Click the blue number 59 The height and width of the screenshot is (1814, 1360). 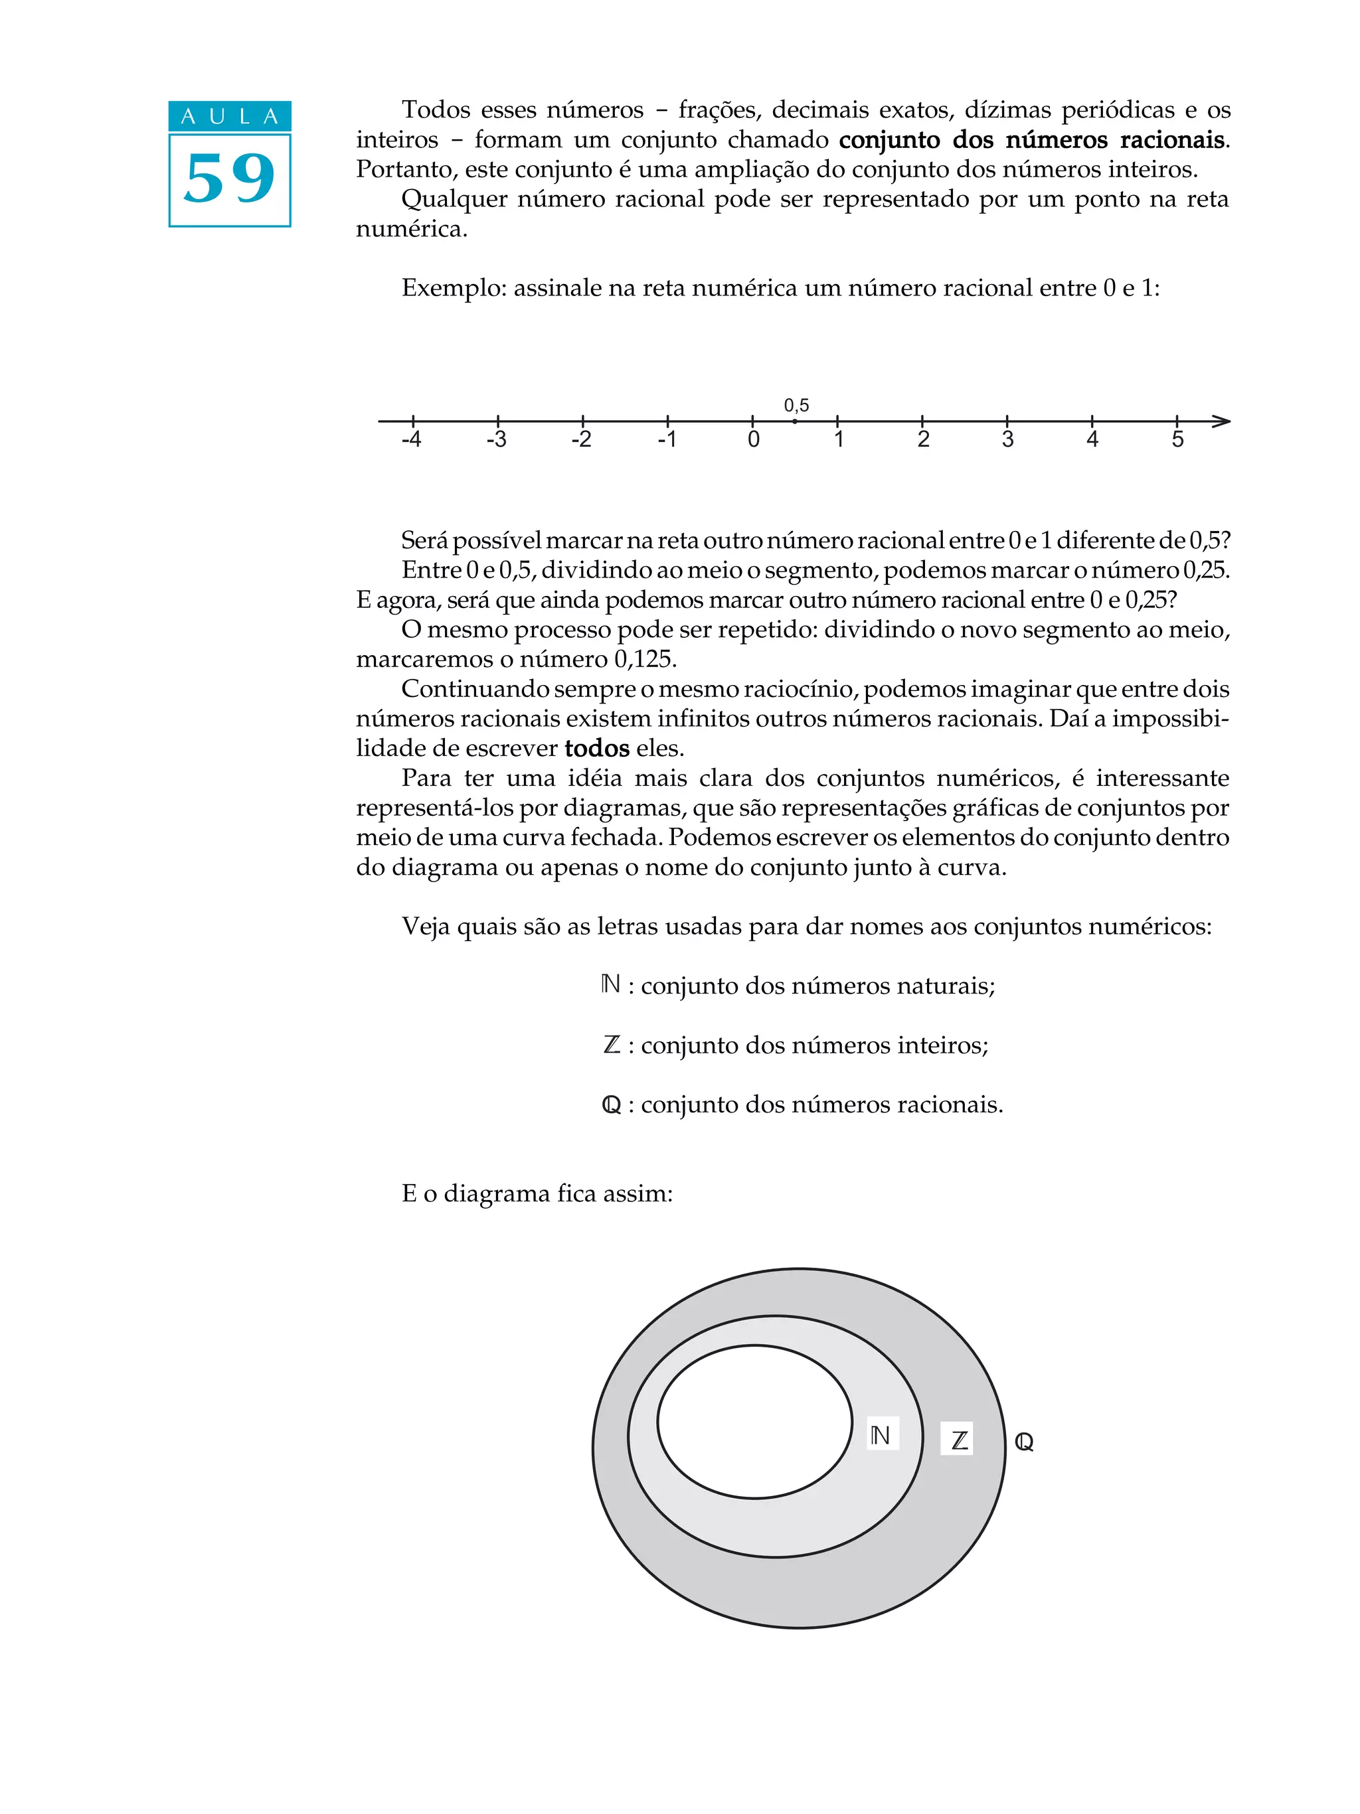point(229,179)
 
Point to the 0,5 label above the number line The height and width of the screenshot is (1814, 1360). point(796,405)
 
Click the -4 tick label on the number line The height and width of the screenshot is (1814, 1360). point(411,439)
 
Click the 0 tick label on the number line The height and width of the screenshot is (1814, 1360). point(753,439)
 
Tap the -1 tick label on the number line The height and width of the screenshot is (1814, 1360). point(666,439)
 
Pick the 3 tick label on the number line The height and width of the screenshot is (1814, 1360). point(1007,439)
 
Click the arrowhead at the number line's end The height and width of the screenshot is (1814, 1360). point(1221,421)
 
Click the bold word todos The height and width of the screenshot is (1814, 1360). point(596,748)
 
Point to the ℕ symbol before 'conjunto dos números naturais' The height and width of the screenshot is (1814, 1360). point(610,984)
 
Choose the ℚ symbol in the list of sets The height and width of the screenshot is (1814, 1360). point(611,1105)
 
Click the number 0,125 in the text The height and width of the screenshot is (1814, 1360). point(645,659)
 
